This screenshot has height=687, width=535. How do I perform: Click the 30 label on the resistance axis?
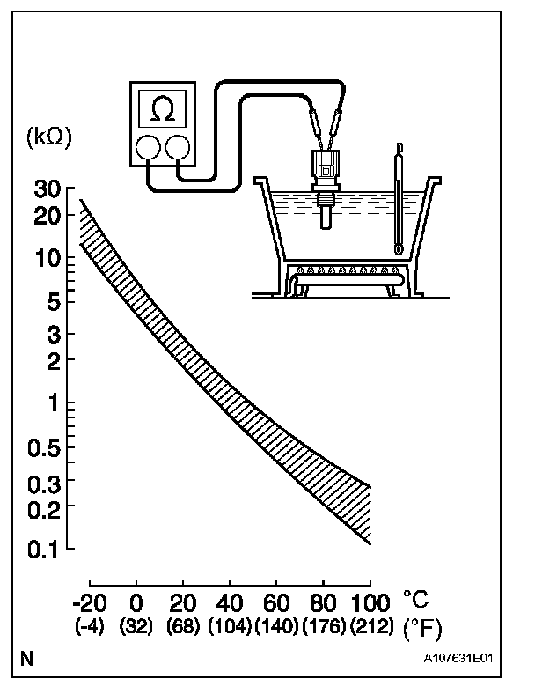pos(48,189)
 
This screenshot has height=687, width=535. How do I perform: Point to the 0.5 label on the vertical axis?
pos(44,448)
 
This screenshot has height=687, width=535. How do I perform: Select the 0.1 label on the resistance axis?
pos(44,550)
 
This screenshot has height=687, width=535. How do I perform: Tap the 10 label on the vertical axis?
pos(48,259)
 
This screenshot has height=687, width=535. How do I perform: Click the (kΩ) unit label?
pos(49,138)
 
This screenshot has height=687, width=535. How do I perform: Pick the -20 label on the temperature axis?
pos(90,603)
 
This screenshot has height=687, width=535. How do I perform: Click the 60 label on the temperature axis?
pos(276,603)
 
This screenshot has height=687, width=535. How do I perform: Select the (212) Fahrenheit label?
pos(370,626)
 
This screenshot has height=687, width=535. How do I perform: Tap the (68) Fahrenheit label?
pos(183,626)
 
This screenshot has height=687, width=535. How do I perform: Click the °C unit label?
pos(416,599)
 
